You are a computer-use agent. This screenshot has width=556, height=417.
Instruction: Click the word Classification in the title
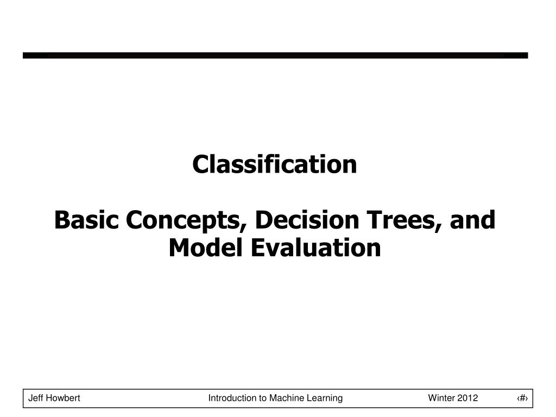tap(275, 165)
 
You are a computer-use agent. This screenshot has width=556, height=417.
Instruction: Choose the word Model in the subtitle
tap(206, 248)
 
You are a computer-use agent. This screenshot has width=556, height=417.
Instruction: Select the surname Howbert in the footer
tap(64, 398)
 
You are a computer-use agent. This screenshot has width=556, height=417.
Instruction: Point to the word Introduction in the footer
tap(231, 398)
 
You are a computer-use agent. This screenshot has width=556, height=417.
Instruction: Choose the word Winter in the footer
tap(441, 398)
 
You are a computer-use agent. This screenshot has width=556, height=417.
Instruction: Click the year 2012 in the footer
tap(468, 398)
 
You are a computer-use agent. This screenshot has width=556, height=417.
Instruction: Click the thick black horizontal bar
tap(275, 55)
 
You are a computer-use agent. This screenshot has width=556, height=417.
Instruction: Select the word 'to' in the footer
tap(261, 398)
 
